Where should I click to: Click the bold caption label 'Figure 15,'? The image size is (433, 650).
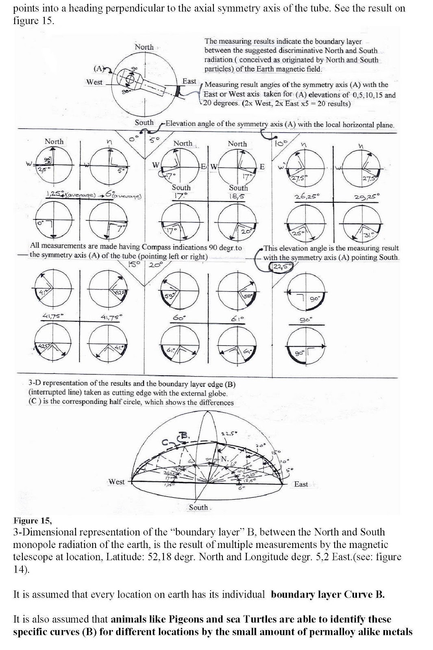32,520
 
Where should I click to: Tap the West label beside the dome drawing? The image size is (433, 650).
117,482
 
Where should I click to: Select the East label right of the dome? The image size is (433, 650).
301,484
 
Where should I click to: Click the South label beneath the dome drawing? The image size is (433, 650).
199,507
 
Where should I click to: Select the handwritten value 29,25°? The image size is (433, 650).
367,197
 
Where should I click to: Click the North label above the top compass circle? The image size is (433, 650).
144,47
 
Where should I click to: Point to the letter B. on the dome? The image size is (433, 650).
185,436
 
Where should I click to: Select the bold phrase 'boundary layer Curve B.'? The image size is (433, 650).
328,594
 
